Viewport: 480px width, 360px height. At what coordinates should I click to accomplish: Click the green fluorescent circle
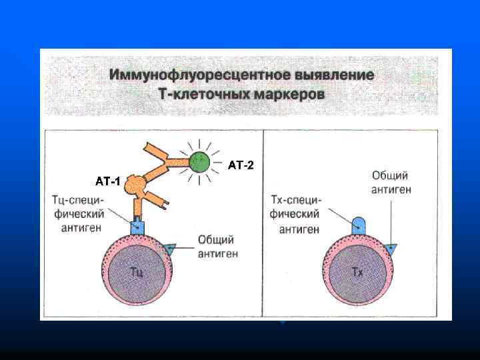coord(198,161)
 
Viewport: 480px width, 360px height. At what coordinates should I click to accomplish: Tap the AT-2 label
coord(241,164)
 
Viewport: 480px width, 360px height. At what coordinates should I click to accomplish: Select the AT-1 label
coord(108,181)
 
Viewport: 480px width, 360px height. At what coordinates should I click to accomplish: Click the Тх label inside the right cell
coord(357,272)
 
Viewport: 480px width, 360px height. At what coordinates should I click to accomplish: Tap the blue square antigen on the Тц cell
coord(137,227)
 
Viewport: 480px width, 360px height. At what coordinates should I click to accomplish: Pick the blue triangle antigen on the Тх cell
coord(391,248)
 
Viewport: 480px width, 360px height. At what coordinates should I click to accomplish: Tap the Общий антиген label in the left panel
coord(218,247)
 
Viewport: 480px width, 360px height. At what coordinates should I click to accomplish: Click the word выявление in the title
coord(341,75)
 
